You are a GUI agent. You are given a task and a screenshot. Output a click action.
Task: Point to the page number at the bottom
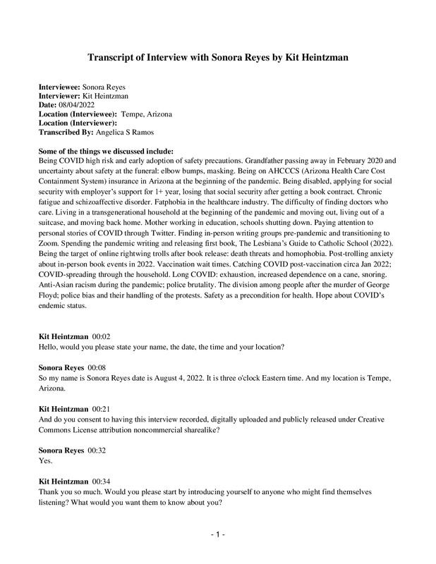click(218, 535)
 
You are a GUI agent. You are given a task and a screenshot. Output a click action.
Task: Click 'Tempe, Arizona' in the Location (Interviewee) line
click(147, 114)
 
